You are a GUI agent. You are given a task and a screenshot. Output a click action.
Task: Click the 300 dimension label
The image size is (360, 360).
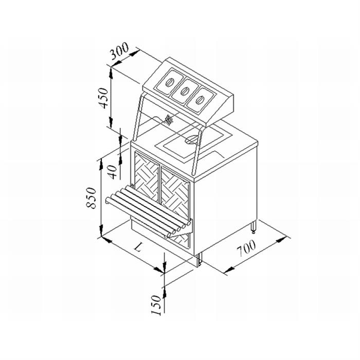119,51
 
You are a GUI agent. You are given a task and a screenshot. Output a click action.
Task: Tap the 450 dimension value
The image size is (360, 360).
103,98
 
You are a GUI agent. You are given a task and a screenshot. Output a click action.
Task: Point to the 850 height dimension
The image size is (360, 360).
91,198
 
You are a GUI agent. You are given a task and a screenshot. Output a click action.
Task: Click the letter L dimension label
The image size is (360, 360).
137,248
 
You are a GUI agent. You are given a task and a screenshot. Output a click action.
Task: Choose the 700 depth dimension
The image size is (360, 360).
246,248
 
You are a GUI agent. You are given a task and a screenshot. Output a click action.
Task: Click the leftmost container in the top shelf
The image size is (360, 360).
169,82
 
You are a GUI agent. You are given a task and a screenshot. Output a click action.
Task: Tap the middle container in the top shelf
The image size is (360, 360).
184,91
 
